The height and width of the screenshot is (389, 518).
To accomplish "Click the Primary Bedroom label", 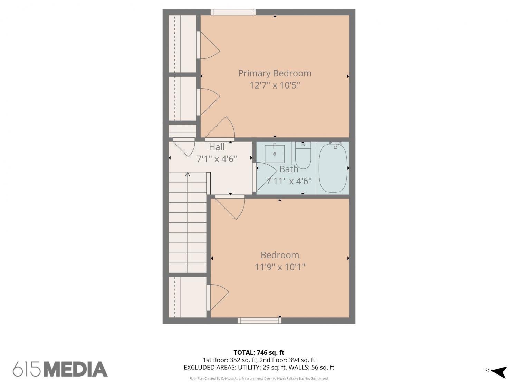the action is pos(275,73).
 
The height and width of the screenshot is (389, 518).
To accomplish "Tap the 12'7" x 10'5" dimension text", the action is pos(275,85).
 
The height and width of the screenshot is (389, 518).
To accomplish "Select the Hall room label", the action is pos(217,147).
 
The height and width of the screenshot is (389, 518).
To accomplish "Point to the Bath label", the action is pos(289,169).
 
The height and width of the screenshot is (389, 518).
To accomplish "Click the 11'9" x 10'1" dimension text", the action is pos(280,267).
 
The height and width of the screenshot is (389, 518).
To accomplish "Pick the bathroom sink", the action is pos(274,154).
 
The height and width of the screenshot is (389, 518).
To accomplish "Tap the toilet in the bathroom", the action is pos(303,155).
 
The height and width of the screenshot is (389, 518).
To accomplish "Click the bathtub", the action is pos(333,168).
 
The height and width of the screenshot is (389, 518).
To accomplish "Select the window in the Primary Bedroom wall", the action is pos(233,12).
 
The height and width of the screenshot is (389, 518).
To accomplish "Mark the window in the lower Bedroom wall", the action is pos(259,321).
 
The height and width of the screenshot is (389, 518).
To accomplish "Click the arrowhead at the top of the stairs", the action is pos(188,174).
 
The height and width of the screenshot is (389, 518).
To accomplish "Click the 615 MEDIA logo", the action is pos(60,369).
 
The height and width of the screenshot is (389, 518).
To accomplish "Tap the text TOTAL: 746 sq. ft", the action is pos(259,353).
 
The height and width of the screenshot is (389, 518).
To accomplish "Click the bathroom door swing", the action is pos(266,177).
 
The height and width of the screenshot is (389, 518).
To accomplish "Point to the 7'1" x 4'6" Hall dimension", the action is pos(217,159).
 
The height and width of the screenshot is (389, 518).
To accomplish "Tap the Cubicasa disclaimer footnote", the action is pos(259,379).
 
